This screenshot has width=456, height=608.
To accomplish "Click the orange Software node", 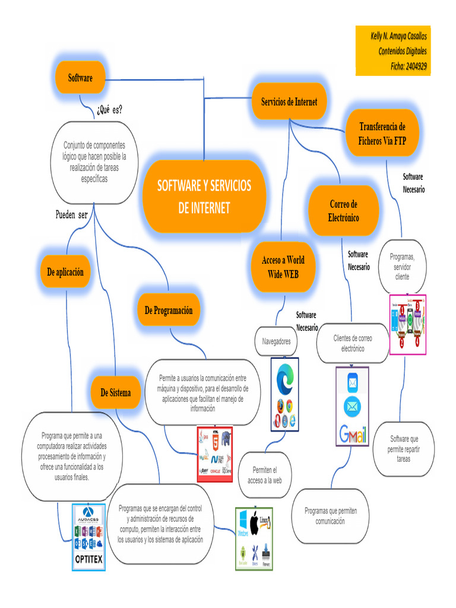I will coord(80,78).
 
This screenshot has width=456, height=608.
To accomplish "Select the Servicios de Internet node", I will coord(289,102).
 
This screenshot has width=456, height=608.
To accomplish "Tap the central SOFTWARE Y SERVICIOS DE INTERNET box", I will coord(204,197).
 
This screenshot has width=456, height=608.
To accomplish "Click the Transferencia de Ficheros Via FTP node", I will coord(382,134).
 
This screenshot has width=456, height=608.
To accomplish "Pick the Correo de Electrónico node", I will coord(343,211).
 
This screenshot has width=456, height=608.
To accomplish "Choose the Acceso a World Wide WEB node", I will coord(283,267).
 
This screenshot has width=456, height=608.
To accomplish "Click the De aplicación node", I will coord(65,272).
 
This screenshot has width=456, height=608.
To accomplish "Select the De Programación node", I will coord(169,311).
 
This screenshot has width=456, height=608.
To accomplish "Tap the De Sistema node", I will coord(116,392).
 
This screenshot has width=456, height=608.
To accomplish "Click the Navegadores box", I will coord(277,341).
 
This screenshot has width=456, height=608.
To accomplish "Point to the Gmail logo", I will coord(352,436).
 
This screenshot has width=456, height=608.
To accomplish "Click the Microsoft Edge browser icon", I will coord(285,377).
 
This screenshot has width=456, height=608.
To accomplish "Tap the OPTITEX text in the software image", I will coord(88,559).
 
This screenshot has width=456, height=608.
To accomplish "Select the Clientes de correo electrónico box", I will coord(353,343).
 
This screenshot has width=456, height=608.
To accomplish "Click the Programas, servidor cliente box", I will coord(402,267).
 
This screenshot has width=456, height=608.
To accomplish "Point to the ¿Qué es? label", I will coord(109,110).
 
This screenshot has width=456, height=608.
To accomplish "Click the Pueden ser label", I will coord(71,215).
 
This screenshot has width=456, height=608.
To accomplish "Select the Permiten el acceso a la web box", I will coord(265,475).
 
